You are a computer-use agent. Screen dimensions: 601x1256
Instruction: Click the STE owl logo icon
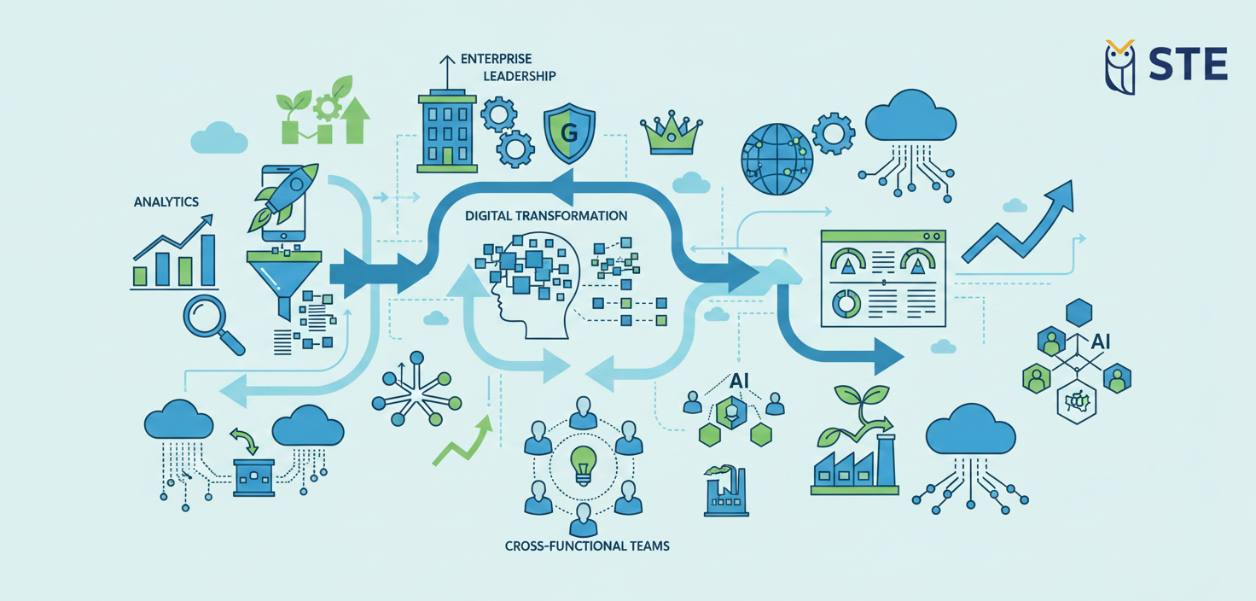tap(1119, 66)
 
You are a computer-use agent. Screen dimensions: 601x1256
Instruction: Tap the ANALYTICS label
tap(166, 202)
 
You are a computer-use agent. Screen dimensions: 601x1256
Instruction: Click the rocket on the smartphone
tap(287, 196)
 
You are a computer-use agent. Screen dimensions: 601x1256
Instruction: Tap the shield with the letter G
tap(569, 134)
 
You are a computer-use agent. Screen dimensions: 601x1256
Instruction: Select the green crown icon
tap(671, 133)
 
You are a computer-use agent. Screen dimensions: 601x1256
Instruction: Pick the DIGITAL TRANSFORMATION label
tap(547, 216)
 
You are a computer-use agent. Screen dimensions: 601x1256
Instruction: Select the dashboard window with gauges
tap(882, 277)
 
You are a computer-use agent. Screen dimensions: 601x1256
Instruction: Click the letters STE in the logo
tap(1188, 65)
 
